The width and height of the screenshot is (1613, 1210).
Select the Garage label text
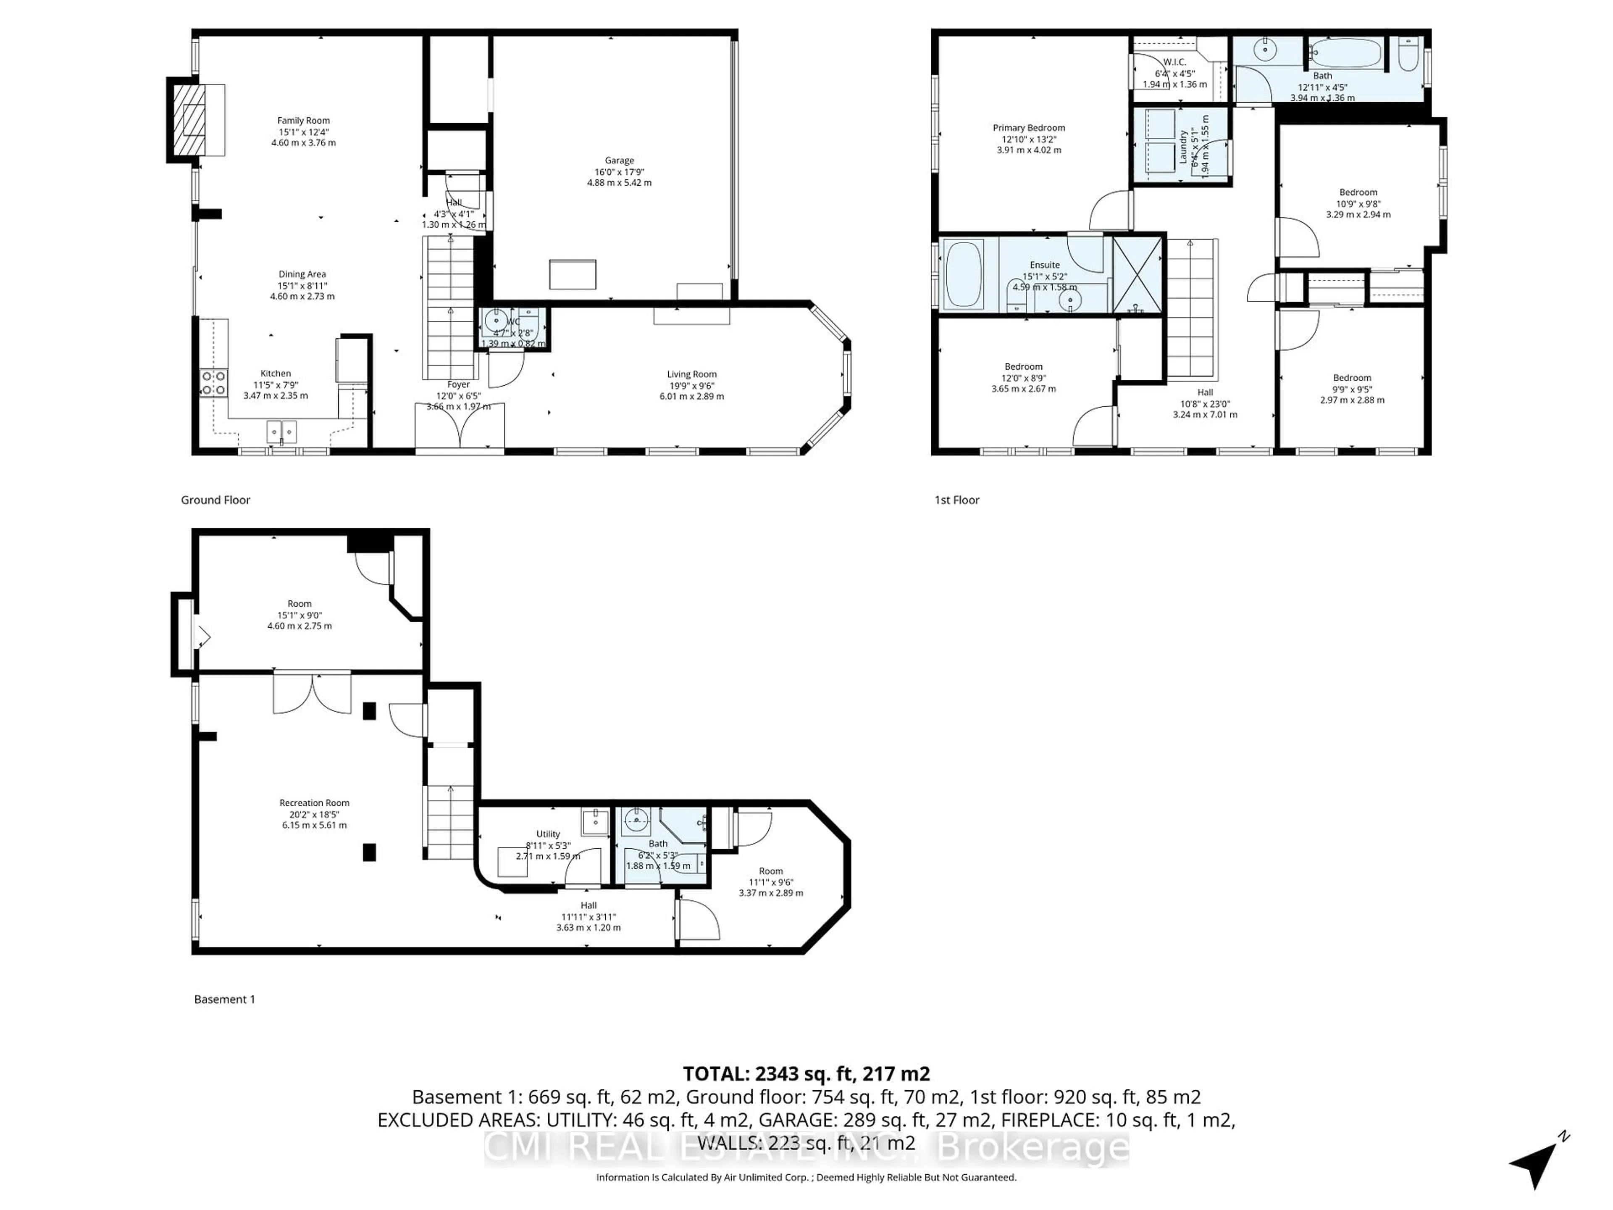point(619,160)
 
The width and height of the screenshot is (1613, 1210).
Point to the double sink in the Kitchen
point(281,432)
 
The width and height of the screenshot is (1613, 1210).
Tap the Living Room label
point(691,374)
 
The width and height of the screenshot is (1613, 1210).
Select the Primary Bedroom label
point(1029,128)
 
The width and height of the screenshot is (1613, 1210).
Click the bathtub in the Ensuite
point(964,274)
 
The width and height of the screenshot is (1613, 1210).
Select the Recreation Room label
point(314,803)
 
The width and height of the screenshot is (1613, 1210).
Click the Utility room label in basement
point(548,834)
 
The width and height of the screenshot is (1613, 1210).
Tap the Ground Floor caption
point(215,500)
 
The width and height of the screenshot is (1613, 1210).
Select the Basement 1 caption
point(225,999)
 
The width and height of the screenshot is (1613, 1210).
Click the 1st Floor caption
point(957,500)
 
